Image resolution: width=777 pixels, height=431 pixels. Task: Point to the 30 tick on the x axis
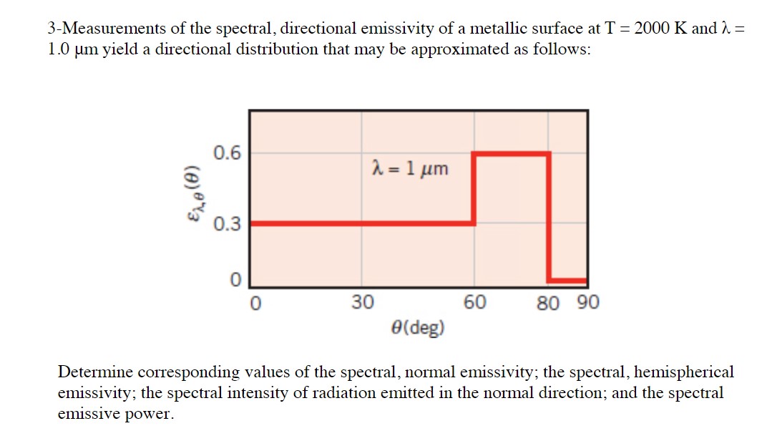[362, 303]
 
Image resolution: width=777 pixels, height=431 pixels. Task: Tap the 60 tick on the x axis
[475, 303]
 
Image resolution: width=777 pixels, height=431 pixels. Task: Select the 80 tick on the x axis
[548, 303]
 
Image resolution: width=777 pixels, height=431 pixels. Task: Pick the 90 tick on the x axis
[587, 303]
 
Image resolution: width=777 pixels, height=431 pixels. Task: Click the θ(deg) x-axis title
[418, 328]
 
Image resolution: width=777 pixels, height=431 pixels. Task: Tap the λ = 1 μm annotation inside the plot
[410, 169]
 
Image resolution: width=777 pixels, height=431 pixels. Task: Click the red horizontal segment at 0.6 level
[511, 153]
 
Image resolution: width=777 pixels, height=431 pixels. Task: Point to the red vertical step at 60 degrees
[474, 188]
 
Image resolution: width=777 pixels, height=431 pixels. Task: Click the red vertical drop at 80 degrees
[549, 215]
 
